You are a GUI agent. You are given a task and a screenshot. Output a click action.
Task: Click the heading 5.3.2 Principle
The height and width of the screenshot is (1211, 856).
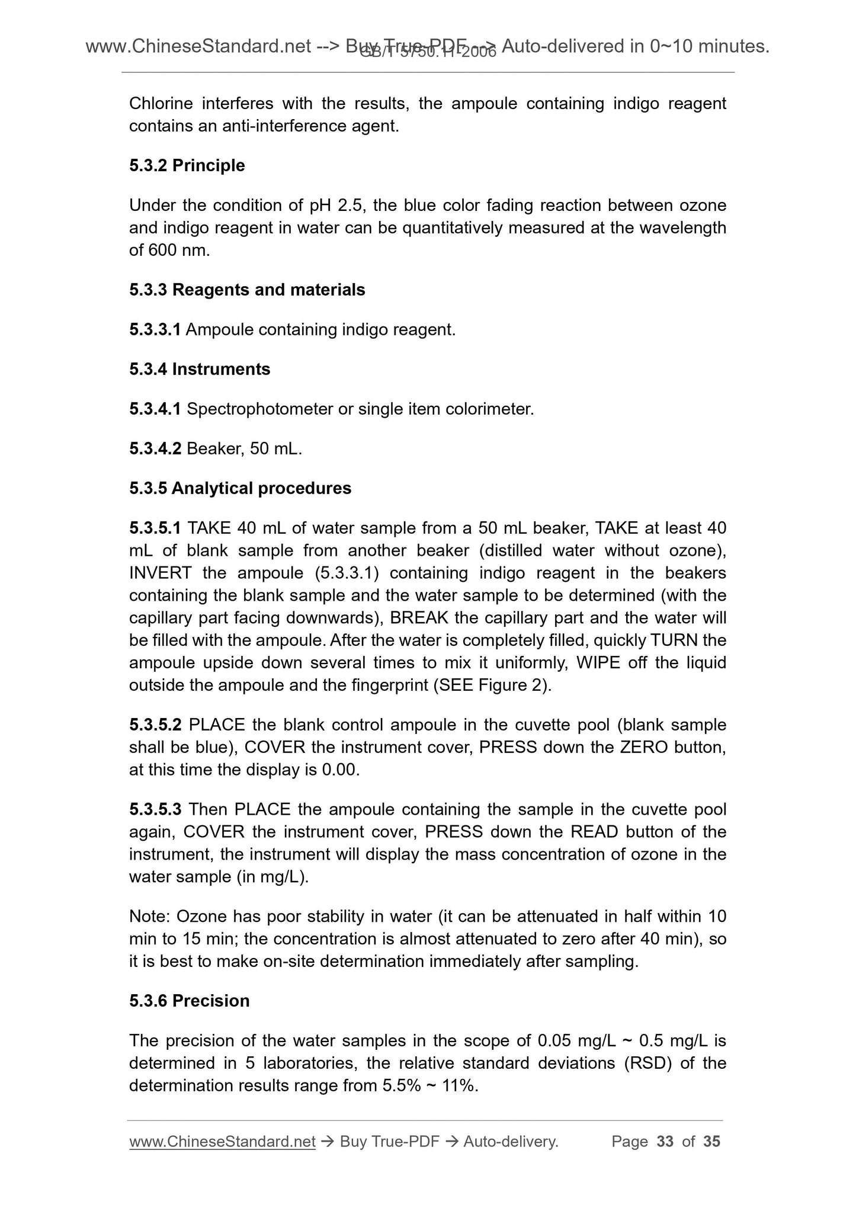(187, 165)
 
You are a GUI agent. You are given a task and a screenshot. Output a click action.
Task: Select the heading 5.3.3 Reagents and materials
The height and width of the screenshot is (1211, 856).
(247, 290)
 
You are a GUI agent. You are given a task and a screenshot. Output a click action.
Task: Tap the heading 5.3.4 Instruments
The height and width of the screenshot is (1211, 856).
(200, 369)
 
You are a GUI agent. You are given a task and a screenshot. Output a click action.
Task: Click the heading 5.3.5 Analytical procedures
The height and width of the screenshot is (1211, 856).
(240, 488)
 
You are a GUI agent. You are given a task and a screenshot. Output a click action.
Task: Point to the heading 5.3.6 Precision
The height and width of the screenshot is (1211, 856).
(189, 1001)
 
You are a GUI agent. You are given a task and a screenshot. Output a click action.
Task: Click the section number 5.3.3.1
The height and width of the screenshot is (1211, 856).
(155, 329)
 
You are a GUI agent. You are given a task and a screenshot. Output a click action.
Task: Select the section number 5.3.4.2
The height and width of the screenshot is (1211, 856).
(155, 448)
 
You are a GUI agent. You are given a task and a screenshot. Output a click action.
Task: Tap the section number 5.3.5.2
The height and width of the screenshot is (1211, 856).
(155, 725)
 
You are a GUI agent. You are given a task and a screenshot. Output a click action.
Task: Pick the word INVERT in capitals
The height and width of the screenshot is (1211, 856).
(160, 573)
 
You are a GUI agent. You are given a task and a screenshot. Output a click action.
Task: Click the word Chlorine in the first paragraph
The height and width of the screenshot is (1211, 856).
(161, 104)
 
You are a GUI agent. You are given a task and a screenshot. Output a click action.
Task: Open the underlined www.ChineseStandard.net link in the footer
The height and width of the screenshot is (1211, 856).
(222, 1141)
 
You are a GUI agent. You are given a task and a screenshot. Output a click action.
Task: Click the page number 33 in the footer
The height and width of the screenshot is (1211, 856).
(665, 1141)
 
